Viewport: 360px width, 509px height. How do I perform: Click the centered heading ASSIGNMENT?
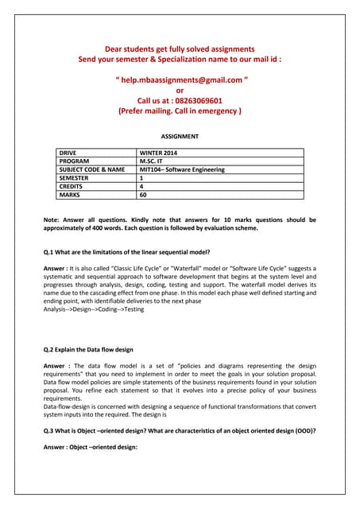[180, 137]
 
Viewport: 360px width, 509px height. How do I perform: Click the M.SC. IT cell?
[153, 161]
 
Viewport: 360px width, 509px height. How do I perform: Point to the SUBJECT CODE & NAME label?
[92, 169]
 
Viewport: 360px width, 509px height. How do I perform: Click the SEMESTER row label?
[76, 178]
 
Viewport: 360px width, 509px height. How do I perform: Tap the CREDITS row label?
[73, 186]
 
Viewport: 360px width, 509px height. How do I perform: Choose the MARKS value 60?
[143, 195]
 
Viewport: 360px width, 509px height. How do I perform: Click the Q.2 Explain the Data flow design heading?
[88, 349]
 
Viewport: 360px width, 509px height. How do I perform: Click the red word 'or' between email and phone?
[180, 91]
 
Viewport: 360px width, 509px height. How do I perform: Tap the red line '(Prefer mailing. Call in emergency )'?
[180, 111]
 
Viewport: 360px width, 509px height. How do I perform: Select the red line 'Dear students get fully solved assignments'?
[180, 49]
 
